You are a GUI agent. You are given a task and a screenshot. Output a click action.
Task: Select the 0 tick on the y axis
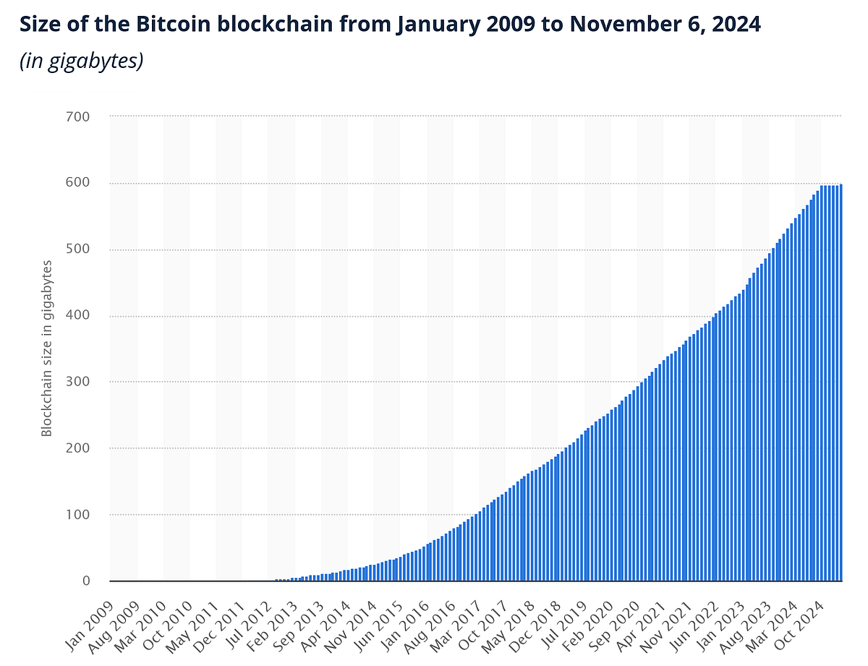(x=85, y=581)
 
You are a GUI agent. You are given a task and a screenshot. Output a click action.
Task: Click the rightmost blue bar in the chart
(x=841, y=383)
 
